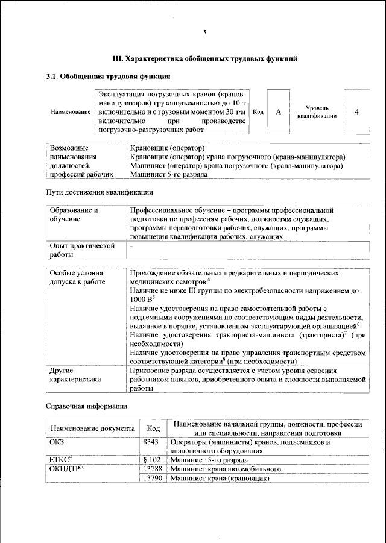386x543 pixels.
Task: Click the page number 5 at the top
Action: (x=204, y=32)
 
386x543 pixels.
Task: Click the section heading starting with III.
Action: (x=205, y=59)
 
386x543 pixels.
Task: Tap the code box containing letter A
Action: (x=279, y=111)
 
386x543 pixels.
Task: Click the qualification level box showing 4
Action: (x=357, y=111)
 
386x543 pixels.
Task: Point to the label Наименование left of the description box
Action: (x=71, y=112)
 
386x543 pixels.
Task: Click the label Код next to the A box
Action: (x=258, y=112)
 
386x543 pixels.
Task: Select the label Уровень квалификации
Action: (x=312, y=111)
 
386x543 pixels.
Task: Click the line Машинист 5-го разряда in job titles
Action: (x=169, y=175)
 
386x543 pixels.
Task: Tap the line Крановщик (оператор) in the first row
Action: (x=168, y=148)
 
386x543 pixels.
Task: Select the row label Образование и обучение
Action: (x=74, y=215)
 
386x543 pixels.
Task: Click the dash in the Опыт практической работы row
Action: (x=131, y=246)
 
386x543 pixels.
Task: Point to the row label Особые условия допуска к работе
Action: (x=77, y=277)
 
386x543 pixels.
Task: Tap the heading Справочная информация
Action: (x=87, y=406)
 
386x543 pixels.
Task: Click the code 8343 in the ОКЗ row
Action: (x=153, y=442)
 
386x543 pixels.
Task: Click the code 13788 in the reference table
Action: (x=153, y=469)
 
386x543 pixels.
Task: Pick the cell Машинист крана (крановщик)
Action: (x=220, y=478)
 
